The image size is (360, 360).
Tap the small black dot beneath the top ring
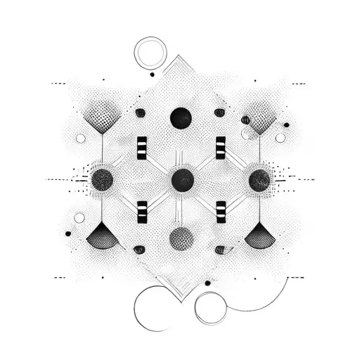tap(152, 74)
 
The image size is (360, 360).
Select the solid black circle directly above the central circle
tap(181, 117)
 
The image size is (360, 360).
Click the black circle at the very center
tap(182, 179)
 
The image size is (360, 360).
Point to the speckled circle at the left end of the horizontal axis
tap(102, 179)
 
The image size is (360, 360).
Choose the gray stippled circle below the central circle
tap(181, 238)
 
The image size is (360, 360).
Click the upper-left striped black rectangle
tap(142, 146)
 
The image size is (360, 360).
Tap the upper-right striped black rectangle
tap(221, 146)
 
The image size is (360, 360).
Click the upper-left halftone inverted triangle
tap(103, 116)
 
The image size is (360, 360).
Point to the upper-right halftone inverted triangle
tap(262, 117)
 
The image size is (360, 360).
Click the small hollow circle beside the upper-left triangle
tap(80, 139)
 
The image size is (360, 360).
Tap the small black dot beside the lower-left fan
tap(68, 233)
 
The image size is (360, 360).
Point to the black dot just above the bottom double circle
tap(207, 283)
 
